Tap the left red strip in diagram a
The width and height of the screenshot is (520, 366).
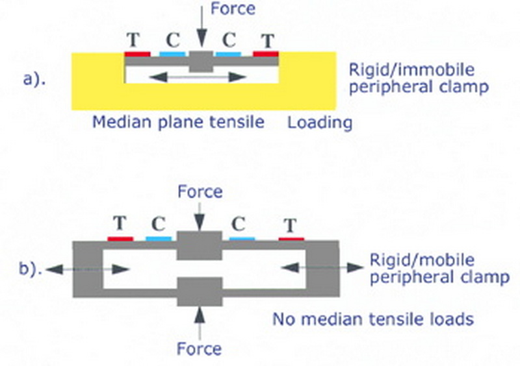pyautogui.click(x=137, y=53)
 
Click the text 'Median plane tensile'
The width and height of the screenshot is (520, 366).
pyautogui.click(x=178, y=121)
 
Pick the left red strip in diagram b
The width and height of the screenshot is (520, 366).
pyautogui.click(x=120, y=239)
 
